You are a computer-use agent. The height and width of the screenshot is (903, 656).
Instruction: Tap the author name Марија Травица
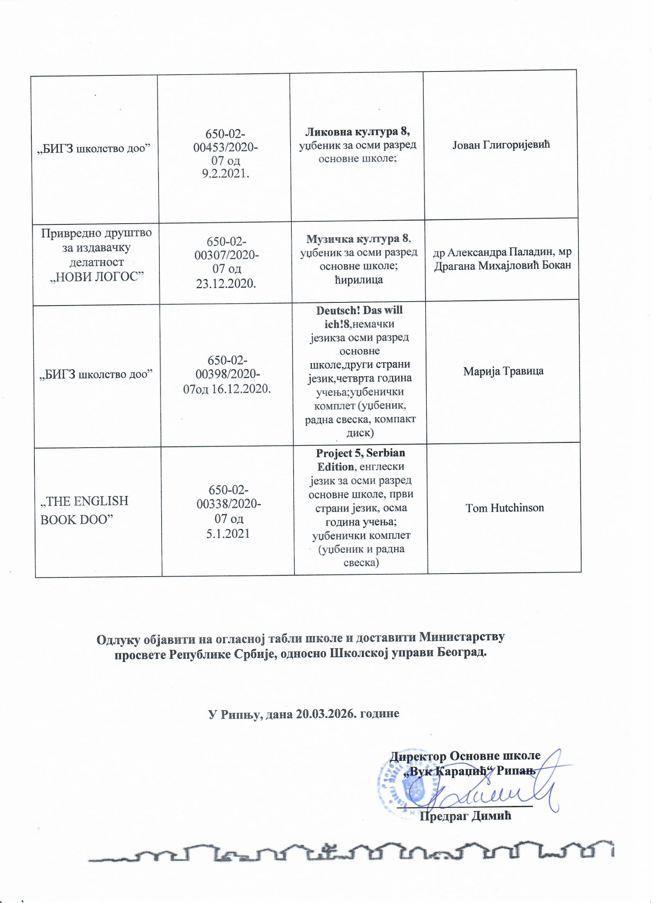[x=503, y=372]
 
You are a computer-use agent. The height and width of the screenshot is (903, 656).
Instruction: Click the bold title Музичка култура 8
[x=357, y=239]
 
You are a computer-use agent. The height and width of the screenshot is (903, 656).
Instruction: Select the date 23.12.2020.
[x=226, y=283]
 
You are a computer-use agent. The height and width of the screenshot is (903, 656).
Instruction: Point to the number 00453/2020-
[x=225, y=147]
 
